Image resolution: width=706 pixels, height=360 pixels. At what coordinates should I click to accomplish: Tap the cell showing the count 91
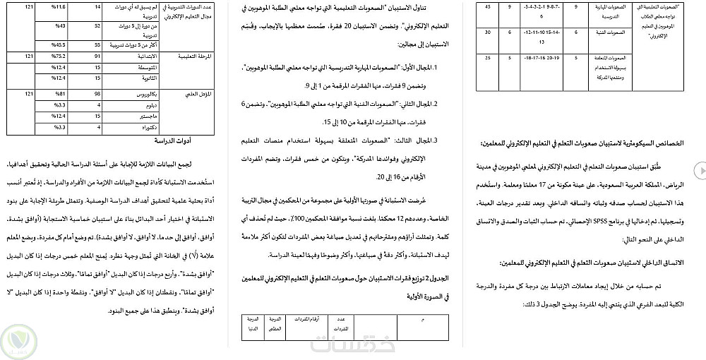coord(97,55)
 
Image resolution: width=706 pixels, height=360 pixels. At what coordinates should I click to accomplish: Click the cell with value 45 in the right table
coord(488,6)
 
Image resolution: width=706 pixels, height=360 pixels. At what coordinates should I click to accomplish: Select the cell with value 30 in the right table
coord(488,32)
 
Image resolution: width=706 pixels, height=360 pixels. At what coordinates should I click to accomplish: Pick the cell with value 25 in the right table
coord(488,58)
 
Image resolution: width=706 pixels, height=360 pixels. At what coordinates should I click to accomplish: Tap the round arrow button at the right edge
coord(700,170)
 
